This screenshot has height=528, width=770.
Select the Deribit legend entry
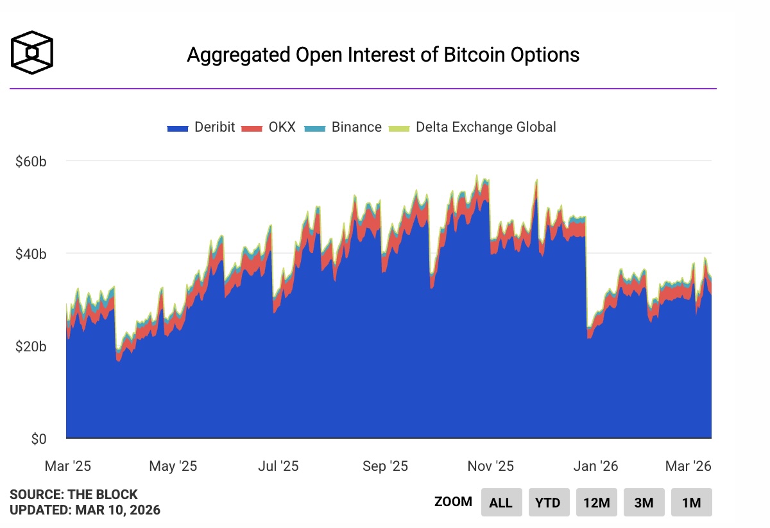tap(201, 127)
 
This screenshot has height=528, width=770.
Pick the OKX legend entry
tap(269, 127)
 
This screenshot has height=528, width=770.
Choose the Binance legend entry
tap(344, 127)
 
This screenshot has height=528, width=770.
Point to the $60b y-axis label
tap(31, 161)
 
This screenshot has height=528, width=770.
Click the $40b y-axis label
tap(31, 254)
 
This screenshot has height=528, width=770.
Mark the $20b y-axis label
tap(31, 347)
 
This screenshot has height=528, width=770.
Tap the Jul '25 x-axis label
tap(278, 466)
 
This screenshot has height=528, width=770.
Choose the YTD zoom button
tap(549, 502)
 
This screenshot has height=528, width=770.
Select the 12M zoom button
tap(596, 502)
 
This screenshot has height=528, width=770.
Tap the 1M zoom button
tap(691, 502)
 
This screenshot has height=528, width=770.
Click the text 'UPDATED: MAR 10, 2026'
tap(85, 511)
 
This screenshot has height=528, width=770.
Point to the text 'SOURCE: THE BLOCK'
tap(74, 495)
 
